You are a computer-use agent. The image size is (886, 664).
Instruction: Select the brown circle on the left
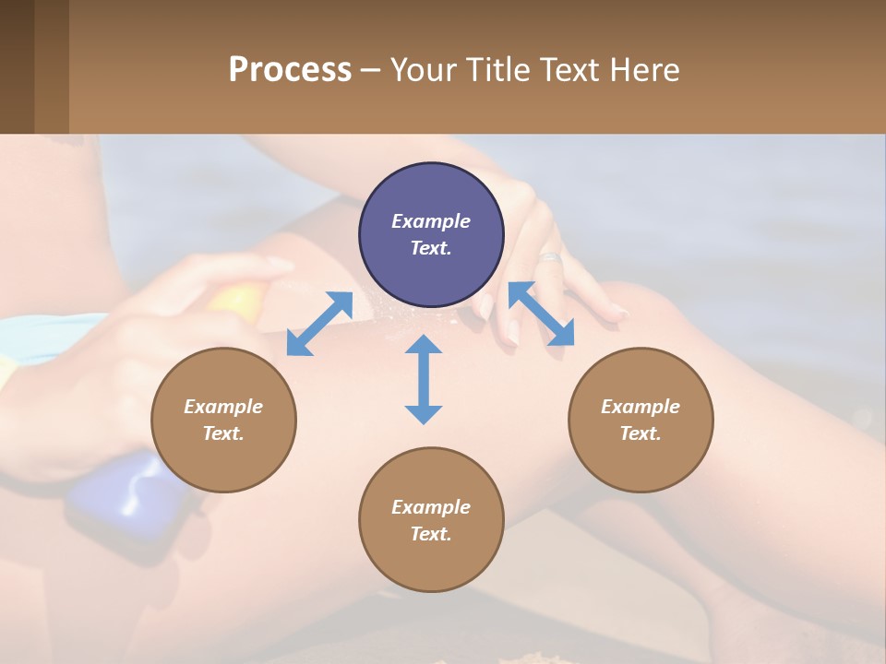point(223,420)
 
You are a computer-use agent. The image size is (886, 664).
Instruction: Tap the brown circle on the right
point(640,420)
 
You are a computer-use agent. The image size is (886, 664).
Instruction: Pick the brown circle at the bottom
point(431,519)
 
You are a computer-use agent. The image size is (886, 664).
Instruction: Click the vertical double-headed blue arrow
point(424,379)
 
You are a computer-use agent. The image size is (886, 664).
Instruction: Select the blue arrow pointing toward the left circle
point(319,324)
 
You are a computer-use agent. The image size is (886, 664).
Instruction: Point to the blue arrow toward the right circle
point(542,314)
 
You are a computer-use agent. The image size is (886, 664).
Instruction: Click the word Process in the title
point(290,69)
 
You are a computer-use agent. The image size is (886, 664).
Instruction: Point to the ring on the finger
point(550,257)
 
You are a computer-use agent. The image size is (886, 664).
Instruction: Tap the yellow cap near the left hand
point(237,299)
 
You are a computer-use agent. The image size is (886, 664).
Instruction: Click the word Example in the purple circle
point(431,221)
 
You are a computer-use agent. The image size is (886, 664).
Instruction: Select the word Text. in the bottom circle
point(431,534)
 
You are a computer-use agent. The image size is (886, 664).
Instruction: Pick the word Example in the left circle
point(223,407)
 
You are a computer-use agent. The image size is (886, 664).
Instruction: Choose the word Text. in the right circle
point(640,433)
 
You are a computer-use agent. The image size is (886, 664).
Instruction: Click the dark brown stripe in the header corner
point(17,66)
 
